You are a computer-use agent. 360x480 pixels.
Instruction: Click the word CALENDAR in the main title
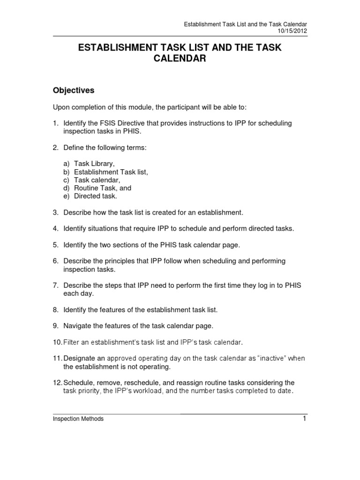(x=180, y=59)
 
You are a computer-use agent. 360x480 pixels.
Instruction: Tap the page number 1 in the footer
(x=304, y=419)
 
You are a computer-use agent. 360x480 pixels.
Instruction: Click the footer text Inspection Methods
(x=78, y=419)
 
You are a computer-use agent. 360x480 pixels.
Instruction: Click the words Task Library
(x=94, y=164)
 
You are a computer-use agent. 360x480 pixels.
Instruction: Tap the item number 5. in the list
(x=55, y=245)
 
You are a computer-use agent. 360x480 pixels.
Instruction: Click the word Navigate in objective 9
(x=78, y=325)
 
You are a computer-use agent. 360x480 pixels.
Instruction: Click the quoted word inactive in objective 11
(x=270, y=358)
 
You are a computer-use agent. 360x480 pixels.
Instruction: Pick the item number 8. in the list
(x=55, y=309)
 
